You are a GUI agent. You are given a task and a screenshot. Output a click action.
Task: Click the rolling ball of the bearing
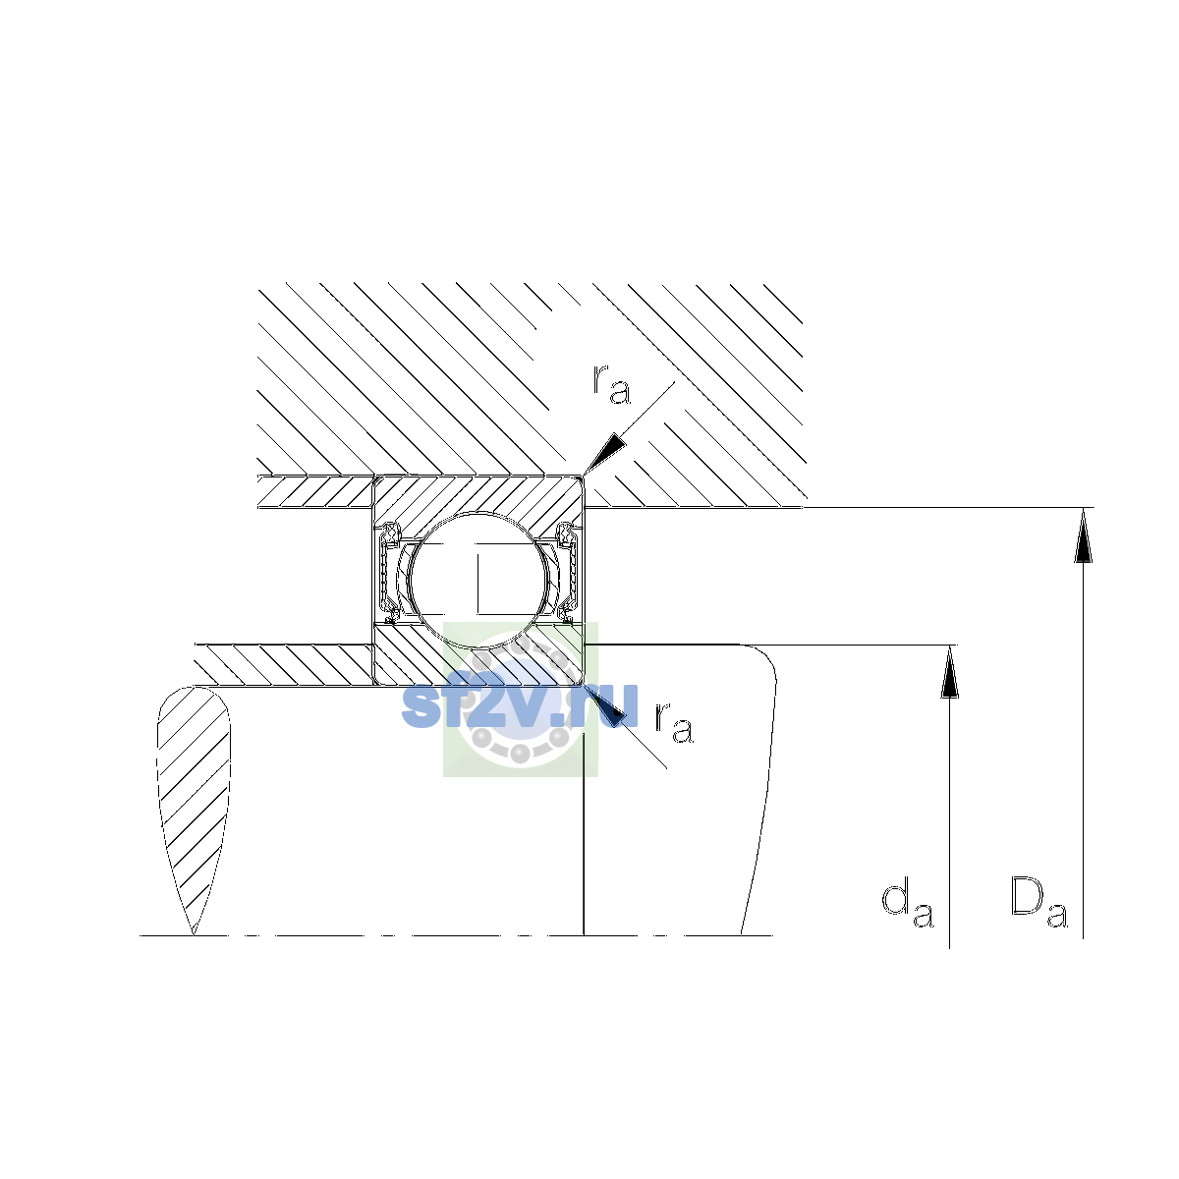click(479, 578)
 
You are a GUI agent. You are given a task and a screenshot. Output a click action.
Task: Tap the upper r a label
click(611, 385)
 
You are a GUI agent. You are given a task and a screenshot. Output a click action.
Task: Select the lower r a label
click(674, 723)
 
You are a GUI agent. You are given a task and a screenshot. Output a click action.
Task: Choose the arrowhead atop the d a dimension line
click(949, 671)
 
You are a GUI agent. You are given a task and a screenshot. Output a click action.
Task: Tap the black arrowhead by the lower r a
click(606, 704)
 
